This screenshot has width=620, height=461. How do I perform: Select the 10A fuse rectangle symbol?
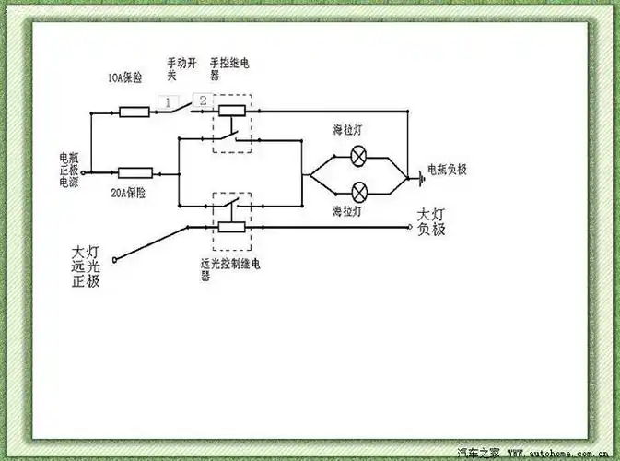click(135, 112)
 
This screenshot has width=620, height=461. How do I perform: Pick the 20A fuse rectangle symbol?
click(135, 172)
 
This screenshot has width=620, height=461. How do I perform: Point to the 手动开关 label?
click(179, 68)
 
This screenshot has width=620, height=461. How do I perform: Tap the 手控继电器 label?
click(229, 68)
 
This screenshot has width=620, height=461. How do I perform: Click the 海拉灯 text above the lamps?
click(347, 133)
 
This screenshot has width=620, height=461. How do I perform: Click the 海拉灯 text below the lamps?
click(347, 212)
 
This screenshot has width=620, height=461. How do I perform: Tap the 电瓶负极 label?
click(447, 171)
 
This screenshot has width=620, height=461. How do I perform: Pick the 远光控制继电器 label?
click(229, 268)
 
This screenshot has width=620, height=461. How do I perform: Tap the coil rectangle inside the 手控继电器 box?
click(230, 112)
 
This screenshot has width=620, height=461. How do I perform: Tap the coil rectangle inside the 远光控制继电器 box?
click(230, 227)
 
